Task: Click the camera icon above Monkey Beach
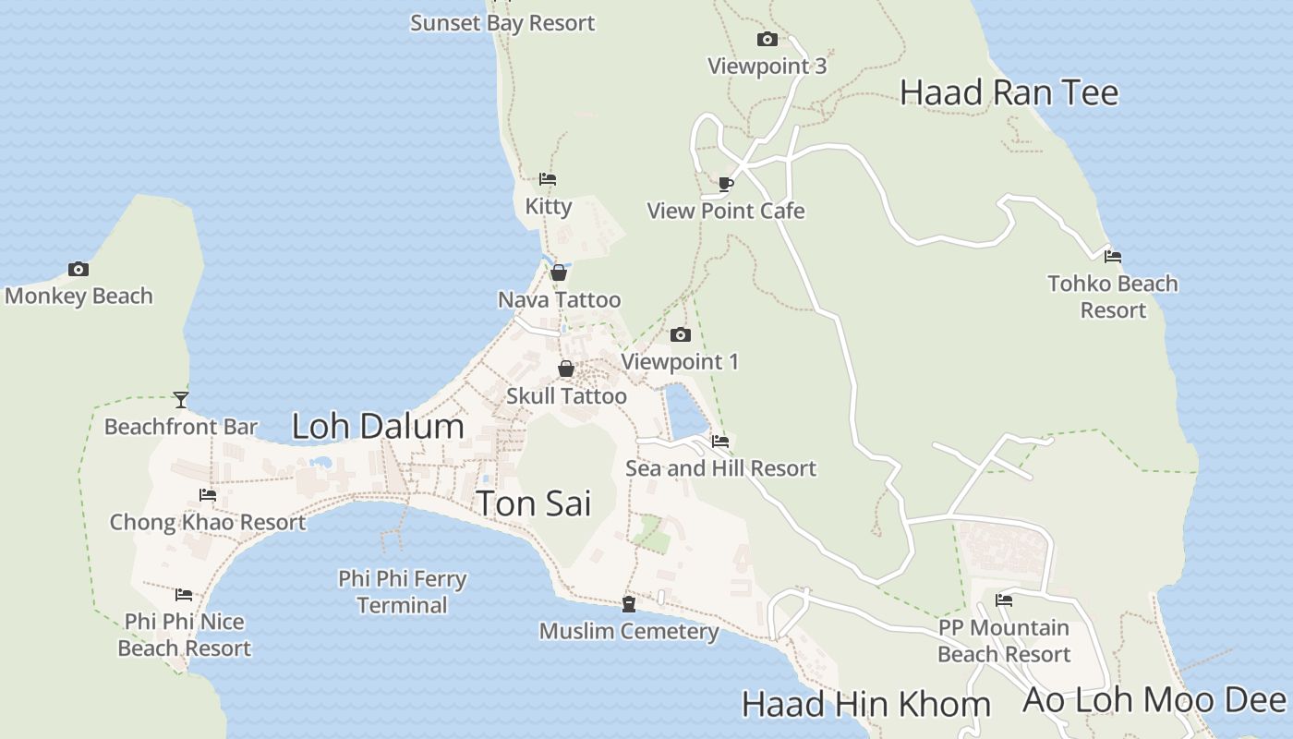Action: (x=79, y=270)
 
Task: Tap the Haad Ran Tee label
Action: (x=1009, y=92)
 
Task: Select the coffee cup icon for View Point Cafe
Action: (x=726, y=184)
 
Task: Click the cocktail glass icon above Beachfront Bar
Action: (x=181, y=400)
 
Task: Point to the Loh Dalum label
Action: (x=378, y=426)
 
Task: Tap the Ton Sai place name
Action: (x=533, y=503)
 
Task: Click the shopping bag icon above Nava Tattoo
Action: (x=559, y=273)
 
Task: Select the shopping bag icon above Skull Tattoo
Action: (x=566, y=369)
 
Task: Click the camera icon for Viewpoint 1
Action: (x=681, y=334)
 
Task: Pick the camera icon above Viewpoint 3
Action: (x=767, y=39)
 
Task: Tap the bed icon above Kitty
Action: (x=548, y=179)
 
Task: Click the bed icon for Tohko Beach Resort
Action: (x=1113, y=257)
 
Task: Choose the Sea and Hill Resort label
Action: (x=720, y=468)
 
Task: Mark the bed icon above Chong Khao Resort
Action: (x=208, y=495)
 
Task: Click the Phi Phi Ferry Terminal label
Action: (x=403, y=592)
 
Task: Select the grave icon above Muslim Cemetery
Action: (x=629, y=604)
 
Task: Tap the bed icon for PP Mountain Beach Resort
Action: (x=1004, y=600)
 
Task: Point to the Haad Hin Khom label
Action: (x=865, y=705)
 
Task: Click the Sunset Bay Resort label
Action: (x=502, y=22)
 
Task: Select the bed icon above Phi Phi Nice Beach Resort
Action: (x=184, y=595)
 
